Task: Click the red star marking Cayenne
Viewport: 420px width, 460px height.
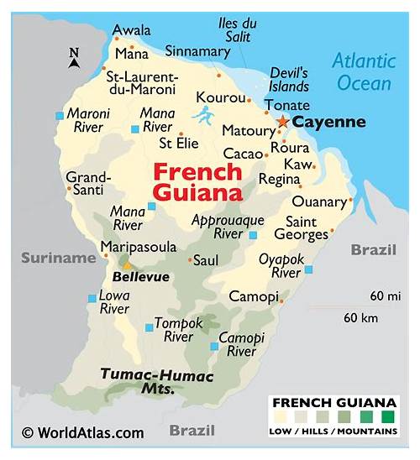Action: click(x=282, y=123)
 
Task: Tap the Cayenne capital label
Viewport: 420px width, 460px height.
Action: click(x=328, y=123)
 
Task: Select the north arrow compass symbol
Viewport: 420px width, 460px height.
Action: click(x=74, y=57)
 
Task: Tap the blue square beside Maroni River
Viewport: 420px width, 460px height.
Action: click(x=59, y=116)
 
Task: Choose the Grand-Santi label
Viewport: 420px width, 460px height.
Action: click(x=88, y=185)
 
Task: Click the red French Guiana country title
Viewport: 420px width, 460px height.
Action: click(x=198, y=183)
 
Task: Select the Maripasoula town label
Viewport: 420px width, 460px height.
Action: click(x=139, y=247)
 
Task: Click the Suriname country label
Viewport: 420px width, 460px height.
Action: click(x=59, y=259)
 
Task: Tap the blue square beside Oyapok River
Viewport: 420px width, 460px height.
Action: click(x=308, y=269)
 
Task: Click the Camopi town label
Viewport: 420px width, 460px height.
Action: click(x=253, y=297)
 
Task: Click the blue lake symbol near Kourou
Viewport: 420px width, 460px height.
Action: click(x=202, y=114)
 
